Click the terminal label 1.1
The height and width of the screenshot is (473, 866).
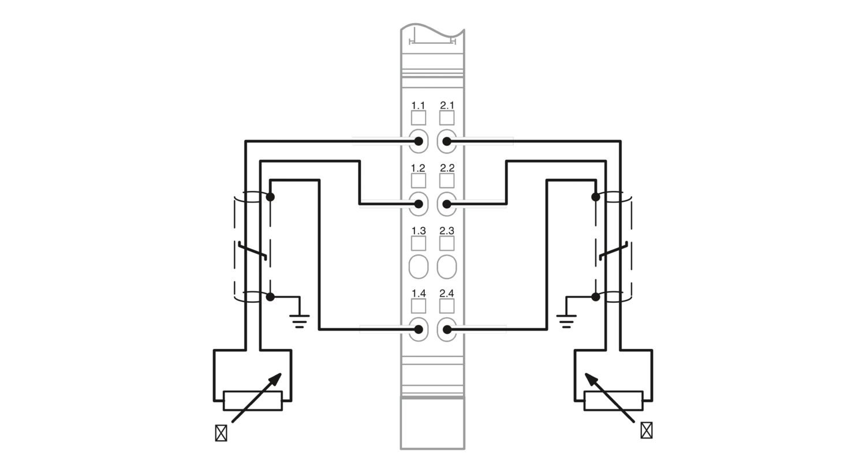point(418,106)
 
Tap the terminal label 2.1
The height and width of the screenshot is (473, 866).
point(447,105)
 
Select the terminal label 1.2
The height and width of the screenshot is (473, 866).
point(418,168)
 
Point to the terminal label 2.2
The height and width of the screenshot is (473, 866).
point(447,168)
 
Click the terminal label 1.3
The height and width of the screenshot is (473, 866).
point(419,231)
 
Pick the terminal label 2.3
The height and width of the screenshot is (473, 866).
point(447,231)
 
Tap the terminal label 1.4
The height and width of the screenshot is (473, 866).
point(419,294)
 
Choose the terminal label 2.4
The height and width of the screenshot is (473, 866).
point(447,294)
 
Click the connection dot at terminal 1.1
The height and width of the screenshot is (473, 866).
point(419,141)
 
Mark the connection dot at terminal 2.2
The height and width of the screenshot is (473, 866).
point(447,204)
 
